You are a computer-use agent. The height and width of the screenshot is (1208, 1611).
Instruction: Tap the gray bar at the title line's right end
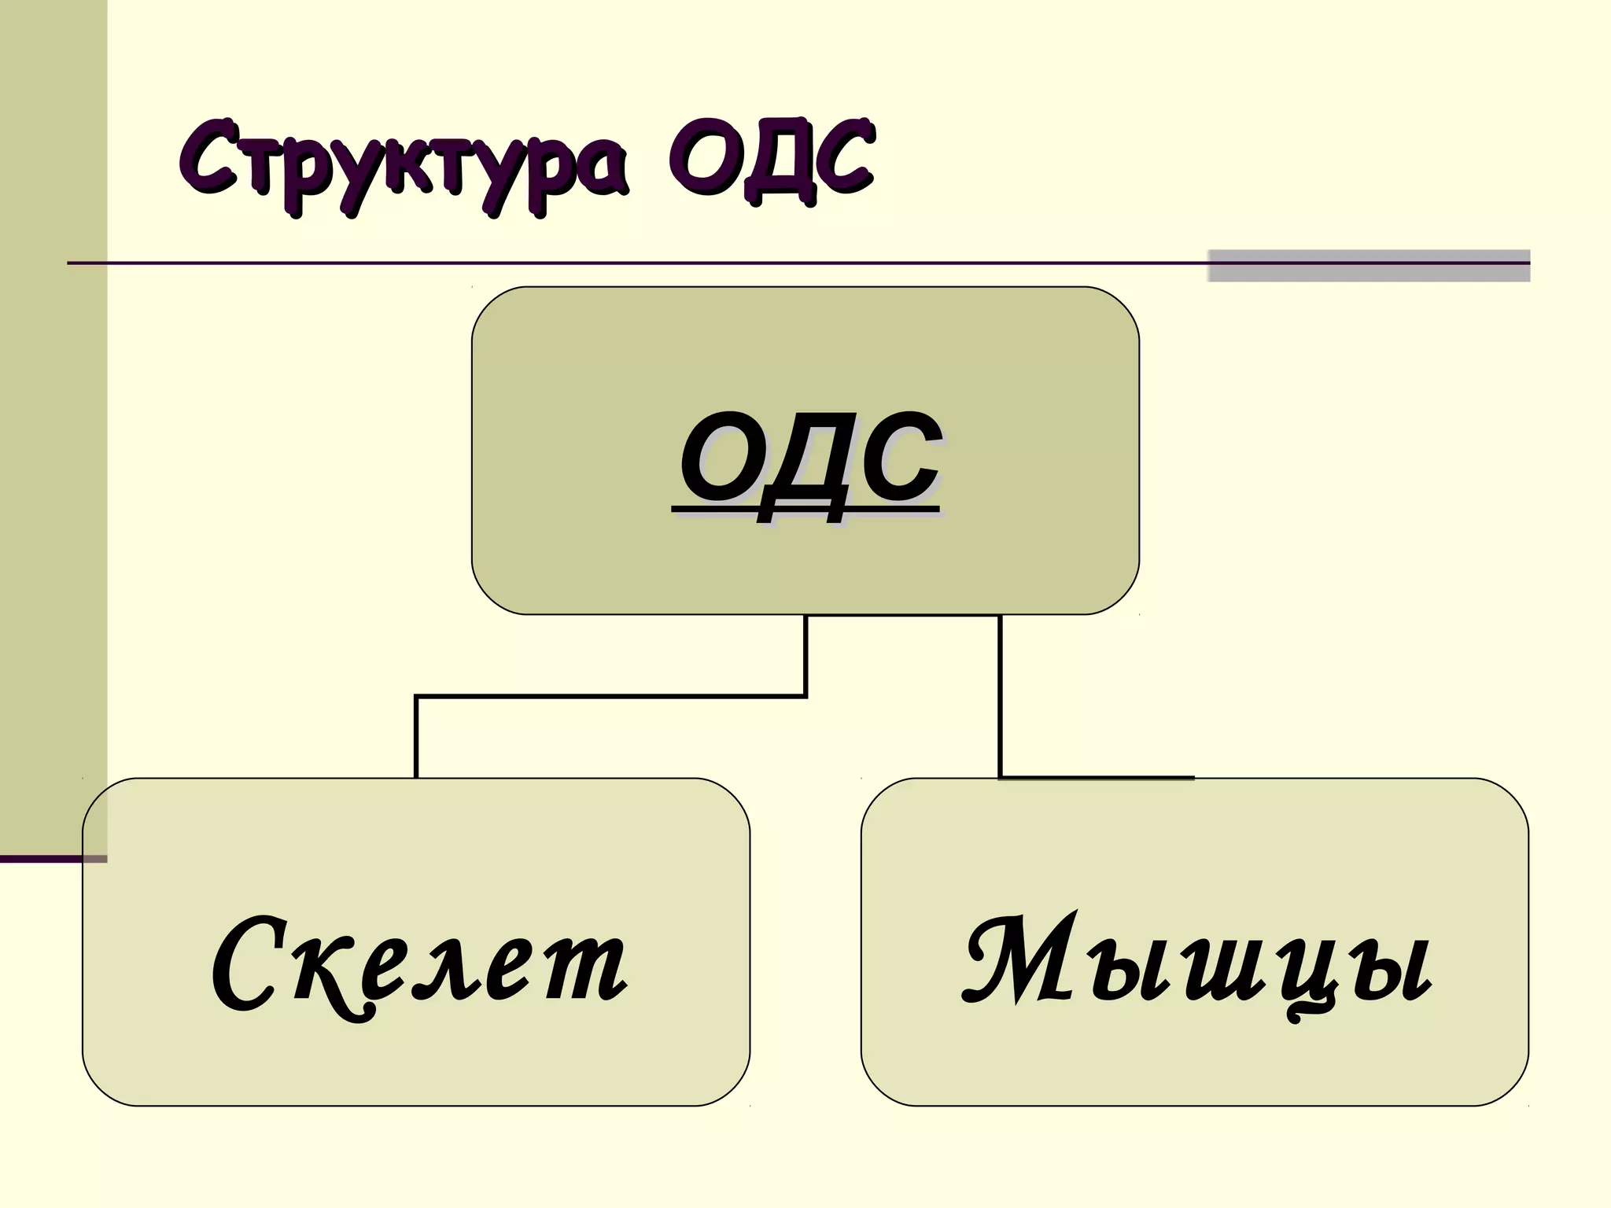point(1369,265)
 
